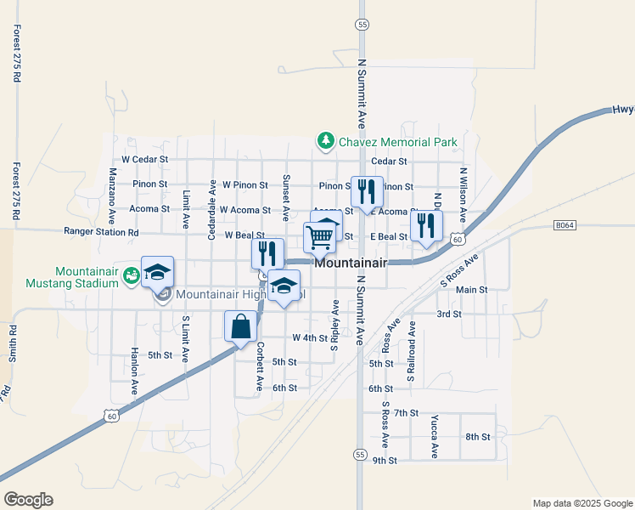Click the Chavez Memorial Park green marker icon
(x=323, y=140)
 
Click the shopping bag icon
(x=240, y=326)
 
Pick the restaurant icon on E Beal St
(x=425, y=226)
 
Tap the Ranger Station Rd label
(x=101, y=231)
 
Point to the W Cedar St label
(x=145, y=159)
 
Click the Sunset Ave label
(x=286, y=198)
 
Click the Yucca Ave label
(x=434, y=437)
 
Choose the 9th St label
(x=384, y=461)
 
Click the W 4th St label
(x=309, y=337)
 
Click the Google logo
(x=28, y=500)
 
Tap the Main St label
(x=471, y=290)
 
